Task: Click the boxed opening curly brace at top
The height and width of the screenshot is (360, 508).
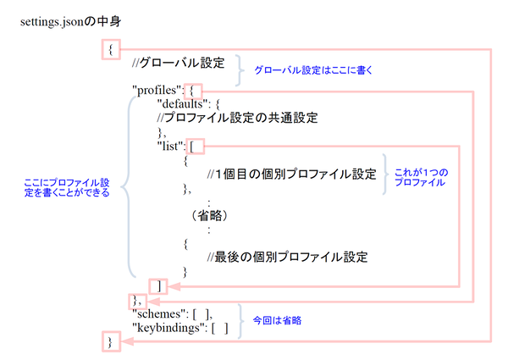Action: click(109, 50)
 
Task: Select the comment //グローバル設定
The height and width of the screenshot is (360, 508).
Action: click(179, 64)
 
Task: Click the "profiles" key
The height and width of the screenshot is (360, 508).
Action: click(158, 89)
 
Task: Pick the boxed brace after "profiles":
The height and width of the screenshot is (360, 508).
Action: click(196, 89)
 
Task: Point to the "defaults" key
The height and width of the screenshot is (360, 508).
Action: click(177, 103)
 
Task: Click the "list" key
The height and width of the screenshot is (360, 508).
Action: click(172, 146)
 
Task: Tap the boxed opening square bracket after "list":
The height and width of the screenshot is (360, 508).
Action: click(195, 146)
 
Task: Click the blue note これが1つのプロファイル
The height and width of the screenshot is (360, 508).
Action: click(422, 177)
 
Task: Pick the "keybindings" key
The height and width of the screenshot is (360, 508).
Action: click(168, 328)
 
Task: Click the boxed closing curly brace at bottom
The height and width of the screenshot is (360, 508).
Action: click(109, 341)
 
